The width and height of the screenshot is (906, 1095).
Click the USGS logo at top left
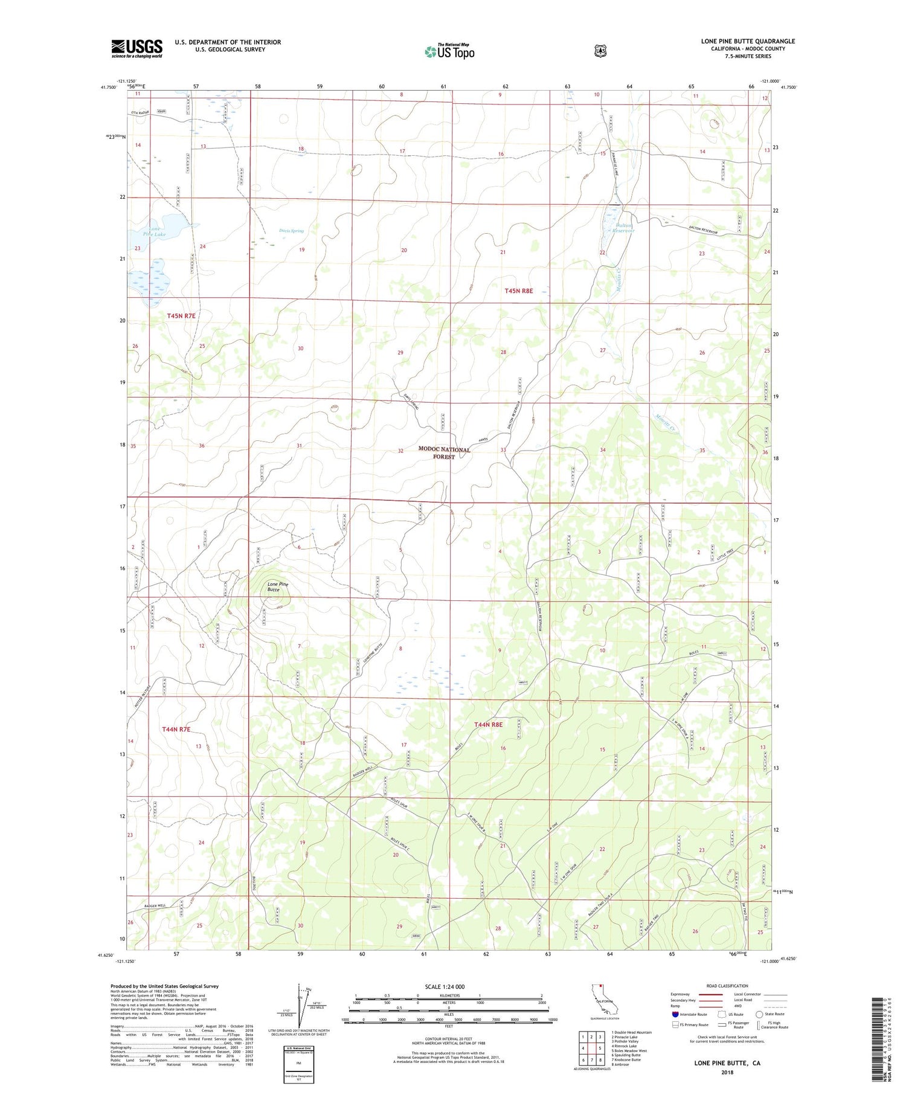pos(137,48)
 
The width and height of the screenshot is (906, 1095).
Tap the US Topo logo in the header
pos(449,51)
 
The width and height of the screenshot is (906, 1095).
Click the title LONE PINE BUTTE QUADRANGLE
pos(748,41)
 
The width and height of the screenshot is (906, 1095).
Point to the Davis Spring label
pos(291,231)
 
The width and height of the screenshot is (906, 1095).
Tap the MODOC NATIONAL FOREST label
pos(444,453)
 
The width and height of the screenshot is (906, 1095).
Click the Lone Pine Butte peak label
pos(278,586)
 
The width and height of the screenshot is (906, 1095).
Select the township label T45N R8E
pos(519,291)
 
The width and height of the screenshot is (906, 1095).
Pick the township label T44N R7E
pos(176,729)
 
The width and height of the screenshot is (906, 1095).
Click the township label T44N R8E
pos(488,724)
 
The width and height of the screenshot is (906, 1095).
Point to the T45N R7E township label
pos(181,315)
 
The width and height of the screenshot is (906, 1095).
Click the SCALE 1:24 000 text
pos(445,986)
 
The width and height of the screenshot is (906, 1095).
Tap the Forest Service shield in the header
pos(600,51)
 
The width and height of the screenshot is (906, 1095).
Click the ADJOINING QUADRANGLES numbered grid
pos(591,1046)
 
